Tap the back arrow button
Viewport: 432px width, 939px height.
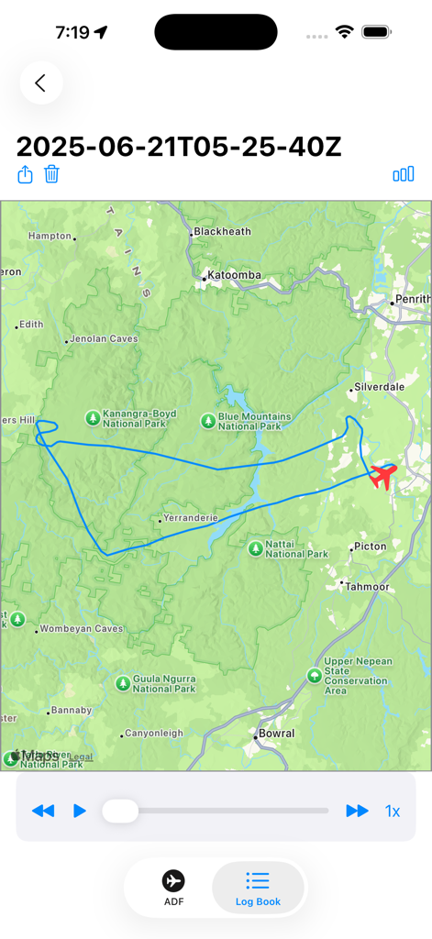[40, 83]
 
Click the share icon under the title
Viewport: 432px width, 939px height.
[26, 174]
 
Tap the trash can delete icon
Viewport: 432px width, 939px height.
[52, 174]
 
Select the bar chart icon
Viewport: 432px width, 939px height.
[403, 174]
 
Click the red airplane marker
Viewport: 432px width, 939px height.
[382, 476]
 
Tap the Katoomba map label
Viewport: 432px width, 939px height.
[234, 275]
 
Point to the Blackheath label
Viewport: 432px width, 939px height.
[222, 232]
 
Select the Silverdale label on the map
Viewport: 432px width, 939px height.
[379, 387]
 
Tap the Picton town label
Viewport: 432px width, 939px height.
[371, 547]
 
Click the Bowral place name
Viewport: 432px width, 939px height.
[276, 734]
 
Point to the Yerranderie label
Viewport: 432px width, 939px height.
[189, 518]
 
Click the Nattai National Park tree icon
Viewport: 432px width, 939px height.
[255, 548]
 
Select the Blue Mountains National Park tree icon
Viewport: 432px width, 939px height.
[208, 421]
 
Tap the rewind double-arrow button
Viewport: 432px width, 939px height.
[43, 811]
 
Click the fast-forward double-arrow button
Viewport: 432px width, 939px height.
[357, 811]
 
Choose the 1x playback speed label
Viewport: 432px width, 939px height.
[393, 811]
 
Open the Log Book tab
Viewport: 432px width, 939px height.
[258, 888]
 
